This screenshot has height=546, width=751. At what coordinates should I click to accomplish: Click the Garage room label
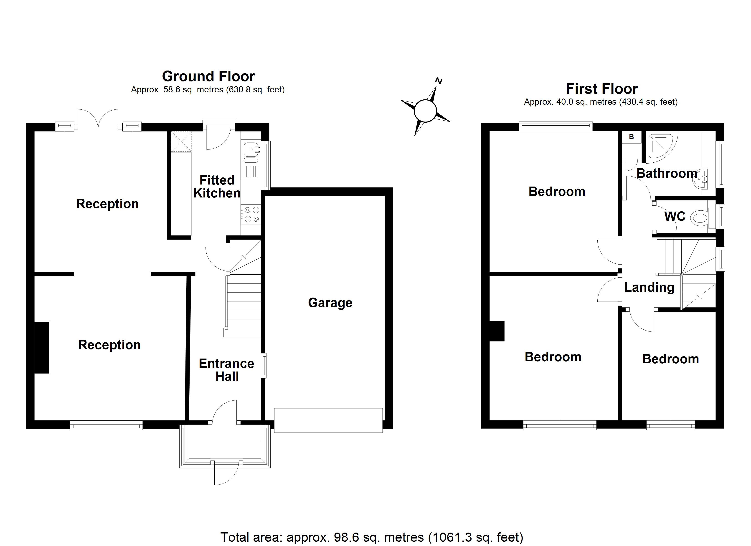coord(330,303)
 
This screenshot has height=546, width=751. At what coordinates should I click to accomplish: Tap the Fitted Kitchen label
coord(217,187)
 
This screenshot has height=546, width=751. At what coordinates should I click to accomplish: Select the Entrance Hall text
coord(226,370)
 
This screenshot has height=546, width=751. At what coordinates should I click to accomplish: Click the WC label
coord(675,217)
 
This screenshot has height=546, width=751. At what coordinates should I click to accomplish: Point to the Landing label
coord(649,287)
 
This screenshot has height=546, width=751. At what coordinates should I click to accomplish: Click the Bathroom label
coord(667,174)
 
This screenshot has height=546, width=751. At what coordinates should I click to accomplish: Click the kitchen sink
coord(250,150)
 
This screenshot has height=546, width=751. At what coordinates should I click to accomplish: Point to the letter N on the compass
coord(439,81)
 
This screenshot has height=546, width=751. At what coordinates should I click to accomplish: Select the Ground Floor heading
coord(208,76)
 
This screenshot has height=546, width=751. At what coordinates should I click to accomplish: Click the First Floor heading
coord(602,89)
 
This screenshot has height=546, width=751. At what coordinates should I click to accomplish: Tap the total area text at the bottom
coord(372,537)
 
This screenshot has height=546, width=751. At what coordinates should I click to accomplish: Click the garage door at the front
coord(328,420)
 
